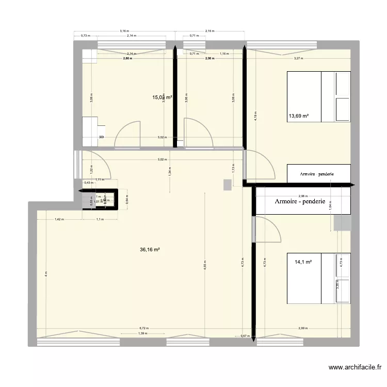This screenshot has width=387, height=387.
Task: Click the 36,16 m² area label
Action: (150, 249)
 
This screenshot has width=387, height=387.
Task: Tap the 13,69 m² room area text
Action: (299, 116)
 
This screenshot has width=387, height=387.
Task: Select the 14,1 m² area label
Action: (303, 262)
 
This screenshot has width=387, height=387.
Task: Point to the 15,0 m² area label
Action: (162, 96)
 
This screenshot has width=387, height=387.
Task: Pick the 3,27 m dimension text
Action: (298, 58)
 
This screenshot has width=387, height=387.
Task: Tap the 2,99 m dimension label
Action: (303, 328)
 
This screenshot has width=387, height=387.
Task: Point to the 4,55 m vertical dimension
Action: (205, 268)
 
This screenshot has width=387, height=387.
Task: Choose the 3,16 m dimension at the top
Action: (124, 31)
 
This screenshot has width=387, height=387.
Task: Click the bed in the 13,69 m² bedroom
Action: (318, 96)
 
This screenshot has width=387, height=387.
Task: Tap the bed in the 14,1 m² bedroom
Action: (318, 278)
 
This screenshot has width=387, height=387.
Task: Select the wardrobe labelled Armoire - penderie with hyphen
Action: (301, 201)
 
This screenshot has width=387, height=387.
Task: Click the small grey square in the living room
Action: (227, 184)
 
